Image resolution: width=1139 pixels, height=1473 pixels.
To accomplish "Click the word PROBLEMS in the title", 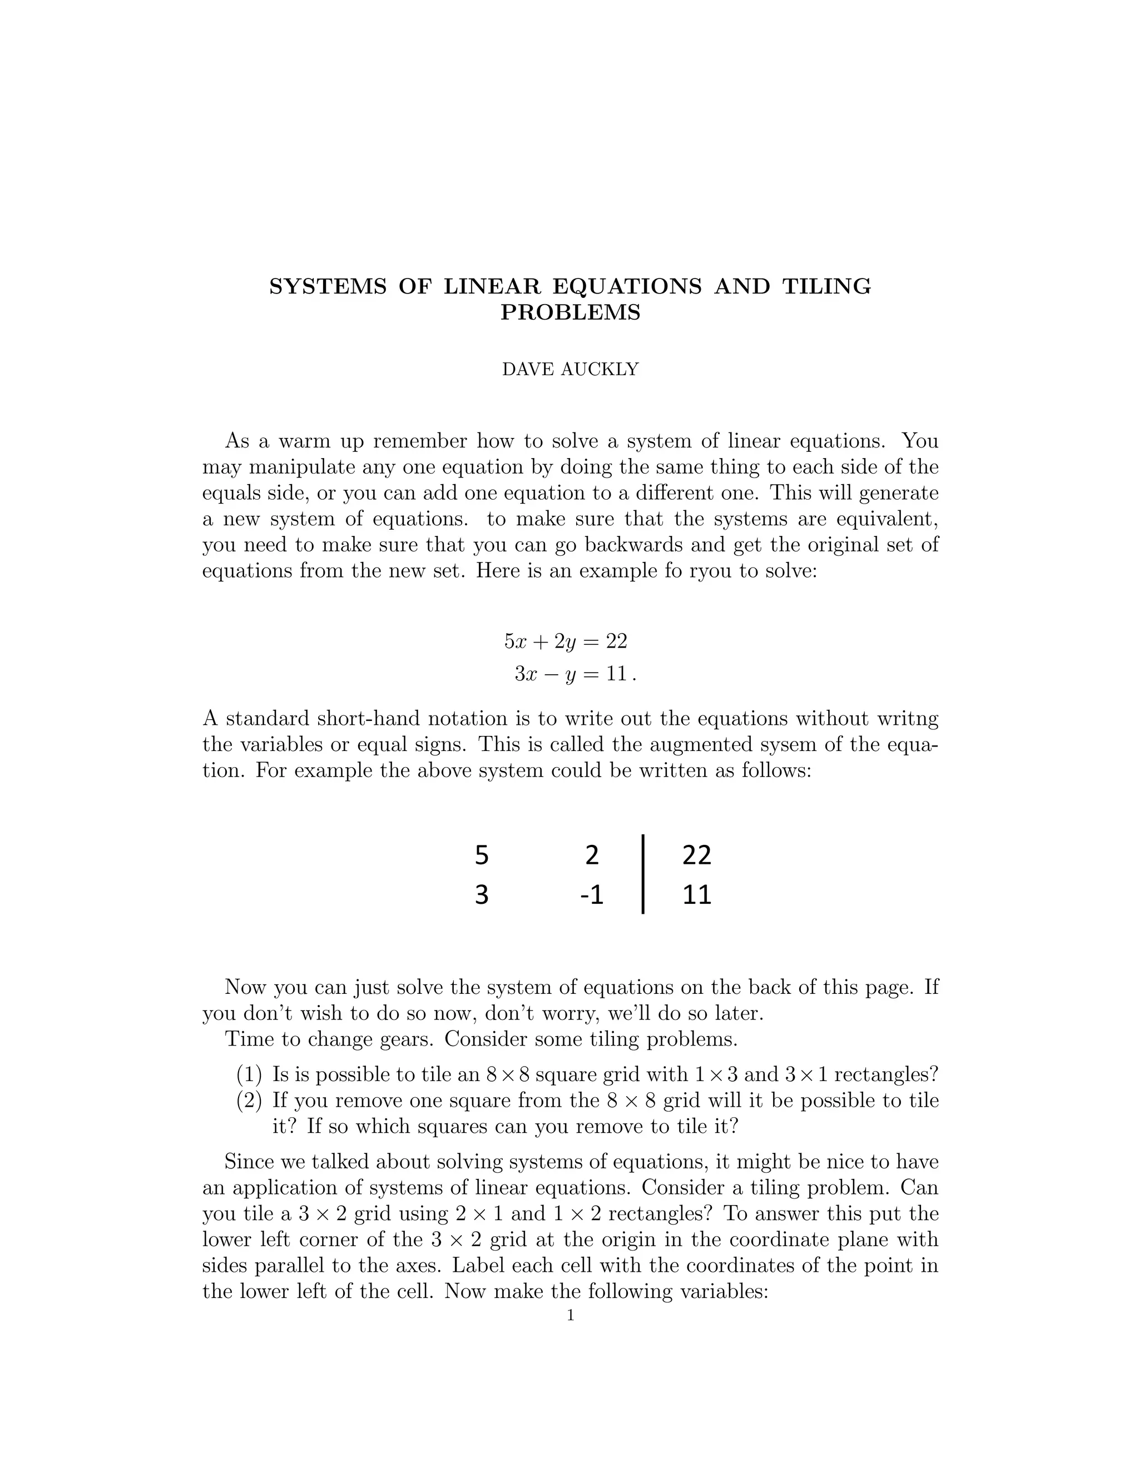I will pos(570,313).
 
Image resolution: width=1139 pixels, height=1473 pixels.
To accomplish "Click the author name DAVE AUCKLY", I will pos(570,370).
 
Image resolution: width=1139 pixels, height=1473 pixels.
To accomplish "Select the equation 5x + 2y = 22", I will pos(566,641).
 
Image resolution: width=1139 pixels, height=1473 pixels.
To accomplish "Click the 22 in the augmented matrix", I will pos(696,855).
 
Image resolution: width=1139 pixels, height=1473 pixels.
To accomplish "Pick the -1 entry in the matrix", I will pos(591,895).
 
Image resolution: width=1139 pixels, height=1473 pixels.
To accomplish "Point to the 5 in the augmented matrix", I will pos(481,855).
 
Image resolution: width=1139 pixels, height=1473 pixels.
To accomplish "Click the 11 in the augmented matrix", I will pos(696,895).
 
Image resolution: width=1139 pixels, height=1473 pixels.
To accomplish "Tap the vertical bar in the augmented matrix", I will pos(643,874).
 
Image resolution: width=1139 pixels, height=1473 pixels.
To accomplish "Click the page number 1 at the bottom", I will pos(570,1315).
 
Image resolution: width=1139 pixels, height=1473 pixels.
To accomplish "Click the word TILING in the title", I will pos(826,287).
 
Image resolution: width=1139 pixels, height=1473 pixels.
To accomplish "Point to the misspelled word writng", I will pos(908,718).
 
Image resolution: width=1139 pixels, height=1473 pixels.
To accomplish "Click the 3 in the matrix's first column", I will pos(481,895).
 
